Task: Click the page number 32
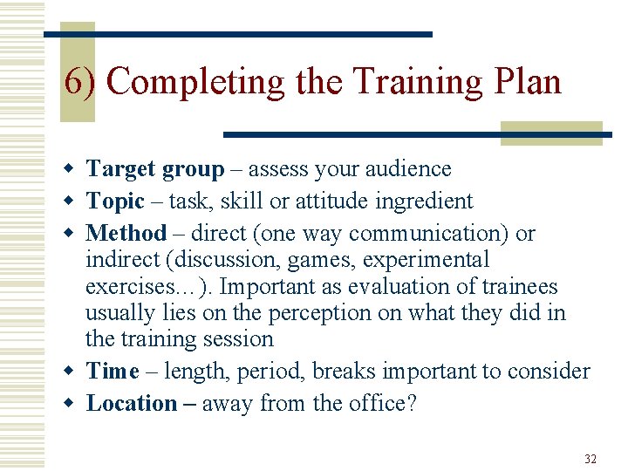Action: click(x=590, y=458)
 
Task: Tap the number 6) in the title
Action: click(x=82, y=81)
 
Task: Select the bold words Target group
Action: click(x=155, y=169)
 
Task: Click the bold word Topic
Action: click(x=115, y=201)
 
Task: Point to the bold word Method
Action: click(x=126, y=234)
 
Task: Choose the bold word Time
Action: click(x=113, y=372)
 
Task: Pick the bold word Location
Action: click(x=132, y=404)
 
